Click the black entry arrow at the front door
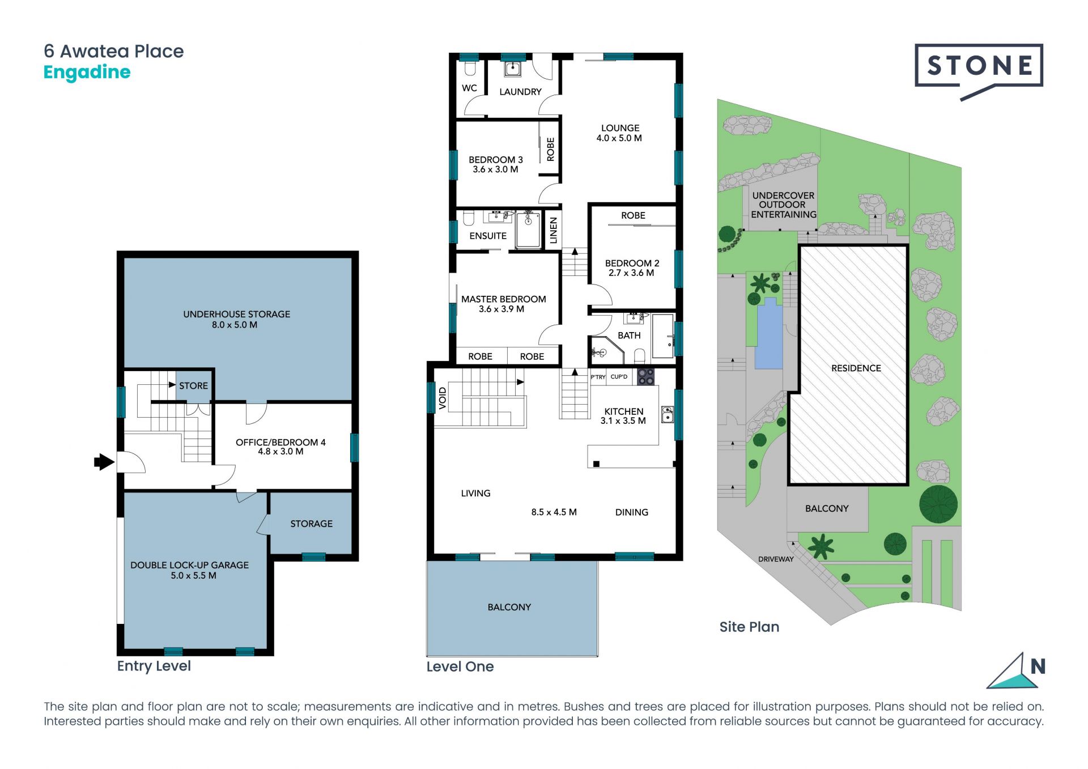tap(104, 462)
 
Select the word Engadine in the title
tap(87, 73)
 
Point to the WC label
tap(469, 88)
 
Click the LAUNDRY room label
tap(520, 92)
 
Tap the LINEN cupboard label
tap(554, 230)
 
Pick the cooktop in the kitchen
tap(646, 376)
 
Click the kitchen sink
tap(668, 415)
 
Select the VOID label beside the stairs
tap(443, 398)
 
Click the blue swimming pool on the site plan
tap(769, 334)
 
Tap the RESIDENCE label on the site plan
tap(856, 368)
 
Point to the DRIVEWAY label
tap(776, 559)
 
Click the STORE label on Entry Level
tap(193, 386)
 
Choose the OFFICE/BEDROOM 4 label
tap(280, 443)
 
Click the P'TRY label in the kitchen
tap(598, 377)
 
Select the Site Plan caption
tap(749, 627)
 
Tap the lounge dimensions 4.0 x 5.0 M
tap(619, 138)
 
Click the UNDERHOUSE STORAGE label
tap(236, 315)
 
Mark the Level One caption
tap(460, 667)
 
